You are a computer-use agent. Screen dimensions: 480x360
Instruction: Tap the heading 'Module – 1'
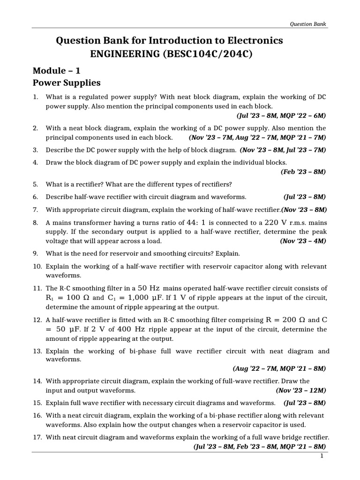tap(57, 71)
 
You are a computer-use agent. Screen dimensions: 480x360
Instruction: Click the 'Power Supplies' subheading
tap(67, 83)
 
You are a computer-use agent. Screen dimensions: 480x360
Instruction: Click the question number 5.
tap(35, 183)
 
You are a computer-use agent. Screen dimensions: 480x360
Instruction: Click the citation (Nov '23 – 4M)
tap(303, 241)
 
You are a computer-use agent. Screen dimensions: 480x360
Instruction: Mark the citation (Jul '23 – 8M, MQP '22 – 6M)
tap(279, 115)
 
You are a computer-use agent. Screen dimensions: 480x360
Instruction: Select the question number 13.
tap(37, 351)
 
